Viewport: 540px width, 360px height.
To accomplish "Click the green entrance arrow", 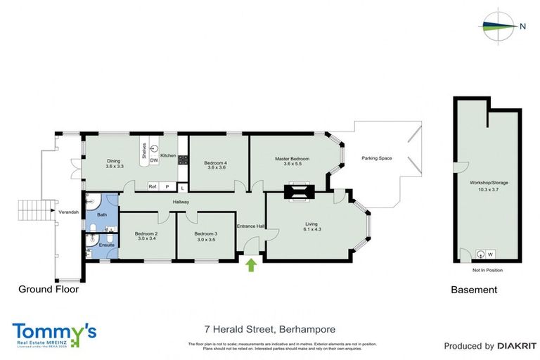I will pyautogui.click(x=251, y=265).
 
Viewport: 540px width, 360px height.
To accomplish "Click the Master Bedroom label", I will pyautogui.click(x=292, y=159).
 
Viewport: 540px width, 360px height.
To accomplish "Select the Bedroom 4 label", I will pyautogui.click(x=216, y=163).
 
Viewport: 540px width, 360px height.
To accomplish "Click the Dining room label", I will pyautogui.click(x=114, y=160).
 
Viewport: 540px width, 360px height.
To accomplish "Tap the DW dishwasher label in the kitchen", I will pyautogui.click(x=153, y=161).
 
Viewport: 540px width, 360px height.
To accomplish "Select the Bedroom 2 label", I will pyautogui.click(x=146, y=233).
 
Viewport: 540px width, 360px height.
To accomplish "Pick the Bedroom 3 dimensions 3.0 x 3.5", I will pyautogui.click(x=205, y=240).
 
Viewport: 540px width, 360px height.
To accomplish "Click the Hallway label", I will pyautogui.click(x=184, y=202).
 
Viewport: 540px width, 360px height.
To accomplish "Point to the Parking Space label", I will pyautogui.click(x=376, y=158).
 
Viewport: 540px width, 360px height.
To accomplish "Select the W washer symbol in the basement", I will pyautogui.click(x=490, y=255).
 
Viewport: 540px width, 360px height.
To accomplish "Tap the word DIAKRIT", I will pyautogui.click(x=517, y=346).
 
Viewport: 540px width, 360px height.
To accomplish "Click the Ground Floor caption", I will pyautogui.click(x=48, y=289).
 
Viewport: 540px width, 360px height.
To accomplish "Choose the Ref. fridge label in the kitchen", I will pyautogui.click(x=152, y=186).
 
